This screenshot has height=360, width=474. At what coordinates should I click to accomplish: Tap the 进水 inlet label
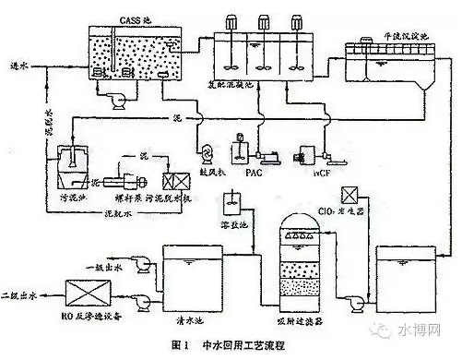(18, 66)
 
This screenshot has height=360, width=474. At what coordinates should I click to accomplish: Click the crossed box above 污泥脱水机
(172, 180)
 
